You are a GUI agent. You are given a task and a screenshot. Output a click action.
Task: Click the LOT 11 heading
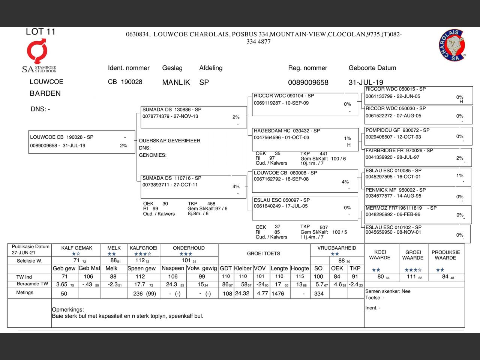tap(40, 32)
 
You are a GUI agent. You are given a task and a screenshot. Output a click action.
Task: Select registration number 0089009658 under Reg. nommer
tap(308, 82)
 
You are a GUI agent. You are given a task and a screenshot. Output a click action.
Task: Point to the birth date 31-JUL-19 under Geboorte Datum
tap(366, 82)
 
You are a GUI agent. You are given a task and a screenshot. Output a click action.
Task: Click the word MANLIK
tap(176, 82)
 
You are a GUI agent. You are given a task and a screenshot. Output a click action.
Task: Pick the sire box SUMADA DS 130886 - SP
tap(193, 117)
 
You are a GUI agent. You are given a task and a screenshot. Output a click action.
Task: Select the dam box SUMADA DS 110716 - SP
tap(193, 185)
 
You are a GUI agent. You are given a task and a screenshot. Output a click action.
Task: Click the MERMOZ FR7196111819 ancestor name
tap(393, 208)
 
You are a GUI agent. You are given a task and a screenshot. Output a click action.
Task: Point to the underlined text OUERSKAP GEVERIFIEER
tap(169, 141)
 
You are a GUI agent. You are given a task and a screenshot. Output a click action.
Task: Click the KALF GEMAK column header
tap(77, 248)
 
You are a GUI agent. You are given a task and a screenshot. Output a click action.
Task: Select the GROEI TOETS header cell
tap(263, 253)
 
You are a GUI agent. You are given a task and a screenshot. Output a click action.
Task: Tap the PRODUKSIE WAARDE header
tap(445, 255)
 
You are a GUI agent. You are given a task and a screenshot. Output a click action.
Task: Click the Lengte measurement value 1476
tap(278, 294)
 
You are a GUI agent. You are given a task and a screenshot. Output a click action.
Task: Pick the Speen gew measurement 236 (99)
tap(144, 294)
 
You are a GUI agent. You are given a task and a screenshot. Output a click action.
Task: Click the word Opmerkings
tap(68, 310)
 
